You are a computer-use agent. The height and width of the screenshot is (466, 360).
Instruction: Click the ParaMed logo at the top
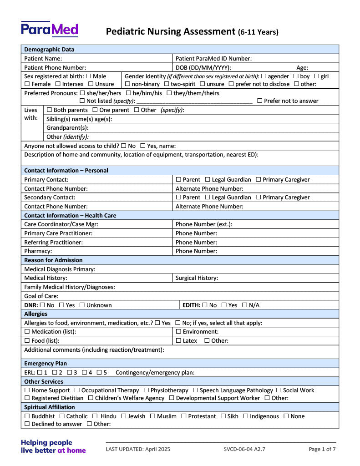point(49,29)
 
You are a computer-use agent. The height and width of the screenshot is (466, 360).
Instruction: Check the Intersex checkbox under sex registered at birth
point(58,84)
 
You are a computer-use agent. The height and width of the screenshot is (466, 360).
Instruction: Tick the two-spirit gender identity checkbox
point(167,84)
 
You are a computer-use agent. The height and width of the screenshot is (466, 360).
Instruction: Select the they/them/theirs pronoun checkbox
point(169,93)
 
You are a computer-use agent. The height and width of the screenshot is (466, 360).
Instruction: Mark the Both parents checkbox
point(49,110)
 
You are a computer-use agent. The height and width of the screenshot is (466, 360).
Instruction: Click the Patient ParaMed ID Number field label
point(213,58)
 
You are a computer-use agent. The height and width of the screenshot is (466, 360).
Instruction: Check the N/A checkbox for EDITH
point(244,305)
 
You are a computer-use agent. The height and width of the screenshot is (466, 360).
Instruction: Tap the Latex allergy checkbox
point(178,341)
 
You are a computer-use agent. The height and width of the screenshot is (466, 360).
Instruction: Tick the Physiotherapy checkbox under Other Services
point(146,390)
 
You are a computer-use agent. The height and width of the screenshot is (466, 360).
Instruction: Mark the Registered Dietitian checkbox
point(27,398)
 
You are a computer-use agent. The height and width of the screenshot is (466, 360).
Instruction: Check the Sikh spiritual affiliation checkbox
point(223,416)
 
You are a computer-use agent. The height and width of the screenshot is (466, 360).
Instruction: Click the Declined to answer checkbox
point(27,424)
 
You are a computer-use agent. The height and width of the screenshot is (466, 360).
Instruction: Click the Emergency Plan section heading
point(46,364)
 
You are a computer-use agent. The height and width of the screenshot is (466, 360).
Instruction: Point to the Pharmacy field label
point(38,251)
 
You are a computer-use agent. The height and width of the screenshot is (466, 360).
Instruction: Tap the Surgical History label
point(197,278)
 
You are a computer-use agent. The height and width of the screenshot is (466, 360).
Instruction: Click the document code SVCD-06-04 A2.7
point(244,449)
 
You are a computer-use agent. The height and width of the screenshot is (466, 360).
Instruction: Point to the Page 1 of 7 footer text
point(322,449)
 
